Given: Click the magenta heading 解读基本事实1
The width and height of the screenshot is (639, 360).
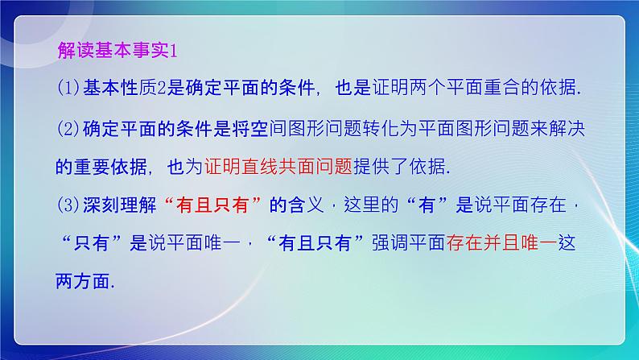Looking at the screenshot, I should (117, 50).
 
